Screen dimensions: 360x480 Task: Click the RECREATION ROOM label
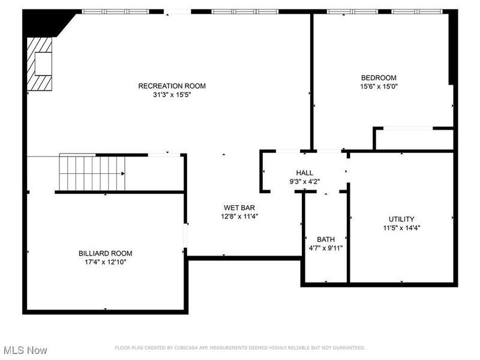coord(167,86)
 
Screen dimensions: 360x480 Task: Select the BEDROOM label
coord(379,77)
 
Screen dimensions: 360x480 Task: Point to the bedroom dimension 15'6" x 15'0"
coord(379,86)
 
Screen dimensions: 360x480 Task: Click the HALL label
coord(304,173)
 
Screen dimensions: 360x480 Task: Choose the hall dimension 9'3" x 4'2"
coord(304,182)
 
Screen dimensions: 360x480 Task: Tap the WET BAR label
coord(240,208)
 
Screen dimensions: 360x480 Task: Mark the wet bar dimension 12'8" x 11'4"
coord(240,217)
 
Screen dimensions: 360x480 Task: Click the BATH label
coord(326,239)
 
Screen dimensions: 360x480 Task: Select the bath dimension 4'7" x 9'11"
coord(326,248)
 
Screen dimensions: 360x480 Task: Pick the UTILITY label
coord(401,219)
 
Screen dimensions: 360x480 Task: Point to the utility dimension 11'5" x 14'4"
coord(401,228)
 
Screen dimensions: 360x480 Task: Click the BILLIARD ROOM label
coord(106,253)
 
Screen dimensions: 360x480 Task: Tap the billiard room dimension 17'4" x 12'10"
coord(106,262)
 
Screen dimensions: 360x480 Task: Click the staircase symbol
coord(92,173)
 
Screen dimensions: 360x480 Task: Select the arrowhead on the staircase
coord(123,173)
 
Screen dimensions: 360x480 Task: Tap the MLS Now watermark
coord(25,350)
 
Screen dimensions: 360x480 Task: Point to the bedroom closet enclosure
coord(413,139)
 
